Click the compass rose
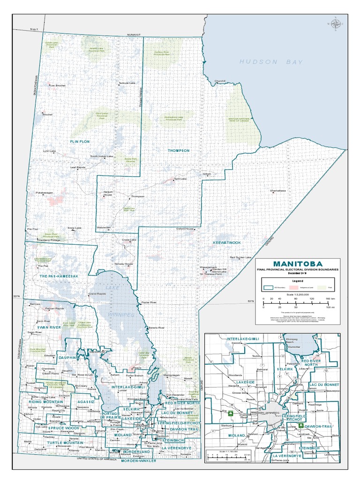[336, 23]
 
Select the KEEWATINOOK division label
[227, 242]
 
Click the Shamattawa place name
[278, 191]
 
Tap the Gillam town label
[207, 174]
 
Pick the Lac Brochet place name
[57, 85]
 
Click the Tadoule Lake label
[127, 83]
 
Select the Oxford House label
[185, 229]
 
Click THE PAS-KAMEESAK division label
[59, 277]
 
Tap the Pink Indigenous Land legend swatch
[294, 286]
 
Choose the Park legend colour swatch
[322, 286]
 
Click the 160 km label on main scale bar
[330, 298]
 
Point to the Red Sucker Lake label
[240, 257]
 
